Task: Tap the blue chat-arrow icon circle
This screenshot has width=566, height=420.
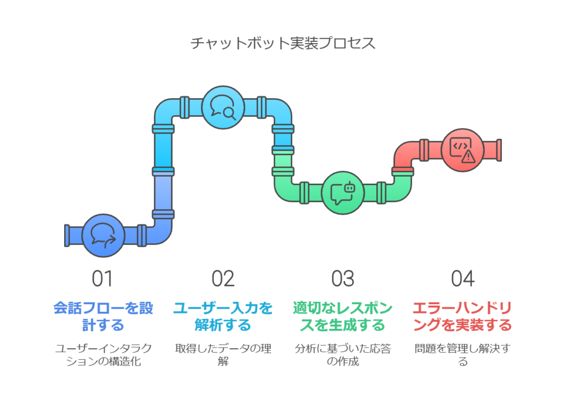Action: pos(103,236)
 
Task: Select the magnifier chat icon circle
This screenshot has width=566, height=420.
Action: pos(223,107)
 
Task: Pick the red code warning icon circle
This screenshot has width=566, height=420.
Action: pos(463,150)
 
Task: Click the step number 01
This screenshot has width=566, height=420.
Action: pos(102,279)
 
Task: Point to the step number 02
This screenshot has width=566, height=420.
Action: pos(223,279)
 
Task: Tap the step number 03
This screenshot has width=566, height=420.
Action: pos(343,279)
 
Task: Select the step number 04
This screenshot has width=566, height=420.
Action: pos(463,279)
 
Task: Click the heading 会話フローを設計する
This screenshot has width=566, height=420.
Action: pos(103,316)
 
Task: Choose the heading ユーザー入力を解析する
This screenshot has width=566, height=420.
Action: pos(223,316)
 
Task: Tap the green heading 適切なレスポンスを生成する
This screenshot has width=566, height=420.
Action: pos(343,316)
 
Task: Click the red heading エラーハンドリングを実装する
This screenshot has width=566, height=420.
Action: pos(463,316)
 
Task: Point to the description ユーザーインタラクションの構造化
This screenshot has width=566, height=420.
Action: pos(103,355)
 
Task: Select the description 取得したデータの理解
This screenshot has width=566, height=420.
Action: pos(223,355)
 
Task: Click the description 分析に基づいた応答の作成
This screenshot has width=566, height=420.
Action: pos(343,355)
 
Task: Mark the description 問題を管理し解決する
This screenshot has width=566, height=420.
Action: pos(463,355)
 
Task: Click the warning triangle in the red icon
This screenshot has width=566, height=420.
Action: pos(469,156)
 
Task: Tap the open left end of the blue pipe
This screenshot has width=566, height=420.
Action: pos(67,236)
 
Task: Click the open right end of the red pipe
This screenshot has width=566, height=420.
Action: pos(499,150)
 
